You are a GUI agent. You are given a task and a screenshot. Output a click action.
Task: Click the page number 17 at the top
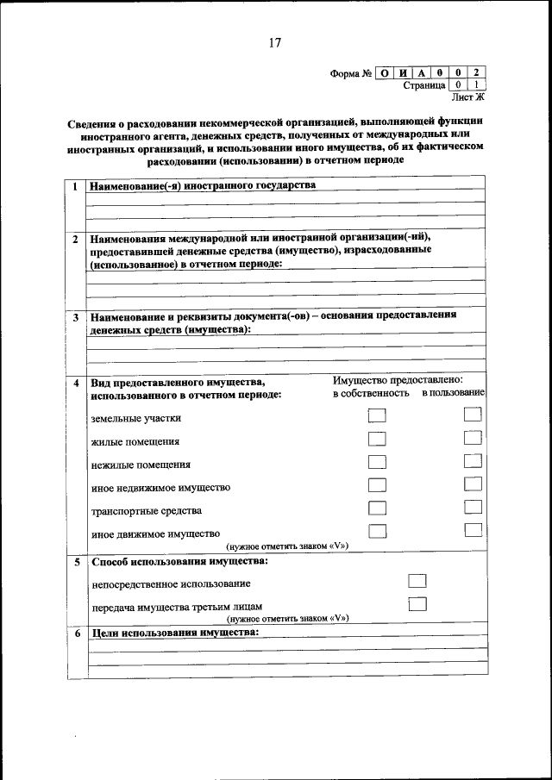point(275,43)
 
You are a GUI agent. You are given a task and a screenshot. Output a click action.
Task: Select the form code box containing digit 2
point(476,73)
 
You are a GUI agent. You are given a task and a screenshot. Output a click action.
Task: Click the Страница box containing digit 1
point(476,85)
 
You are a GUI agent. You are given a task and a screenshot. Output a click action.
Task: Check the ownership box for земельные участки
point(376,415)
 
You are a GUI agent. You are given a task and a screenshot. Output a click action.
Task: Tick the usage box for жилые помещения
point(472,438)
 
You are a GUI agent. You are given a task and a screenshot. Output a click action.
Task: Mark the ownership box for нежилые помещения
point(376,462)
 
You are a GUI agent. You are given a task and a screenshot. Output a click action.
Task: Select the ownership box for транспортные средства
point(376,508)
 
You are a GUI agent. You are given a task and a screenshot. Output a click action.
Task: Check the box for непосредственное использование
point(417,581)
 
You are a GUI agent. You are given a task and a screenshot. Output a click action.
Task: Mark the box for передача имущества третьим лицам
point(417,603)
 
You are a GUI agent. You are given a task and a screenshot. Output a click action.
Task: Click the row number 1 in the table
point(76,186)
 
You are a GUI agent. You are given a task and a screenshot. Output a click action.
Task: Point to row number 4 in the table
point(76,382)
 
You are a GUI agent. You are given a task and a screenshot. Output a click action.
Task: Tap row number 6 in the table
point(76,633)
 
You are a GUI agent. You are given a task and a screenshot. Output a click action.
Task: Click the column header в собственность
point(371,393)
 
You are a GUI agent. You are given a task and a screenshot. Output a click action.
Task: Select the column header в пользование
point(453,393)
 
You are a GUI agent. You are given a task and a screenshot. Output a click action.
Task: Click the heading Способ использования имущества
point(179,562)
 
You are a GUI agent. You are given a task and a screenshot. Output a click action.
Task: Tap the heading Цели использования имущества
point(175,633)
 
